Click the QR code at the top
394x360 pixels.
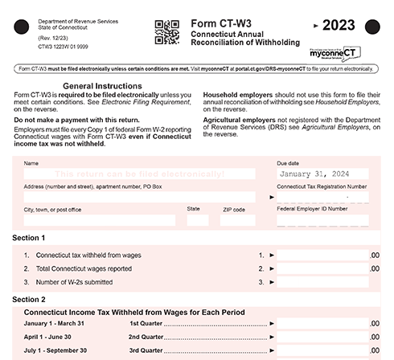(166, 31)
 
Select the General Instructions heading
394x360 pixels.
(102, 85)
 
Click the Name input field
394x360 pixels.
(138, 174)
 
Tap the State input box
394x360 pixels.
(198, 220)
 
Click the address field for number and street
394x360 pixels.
(138, 197)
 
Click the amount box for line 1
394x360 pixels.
(322, 256)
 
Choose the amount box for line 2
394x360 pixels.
(322, 269)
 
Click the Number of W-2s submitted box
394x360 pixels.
(322, 283)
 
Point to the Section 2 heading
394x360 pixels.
(29, 299)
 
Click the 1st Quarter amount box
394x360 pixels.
(322, 323)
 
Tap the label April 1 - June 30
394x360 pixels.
(47, 337)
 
